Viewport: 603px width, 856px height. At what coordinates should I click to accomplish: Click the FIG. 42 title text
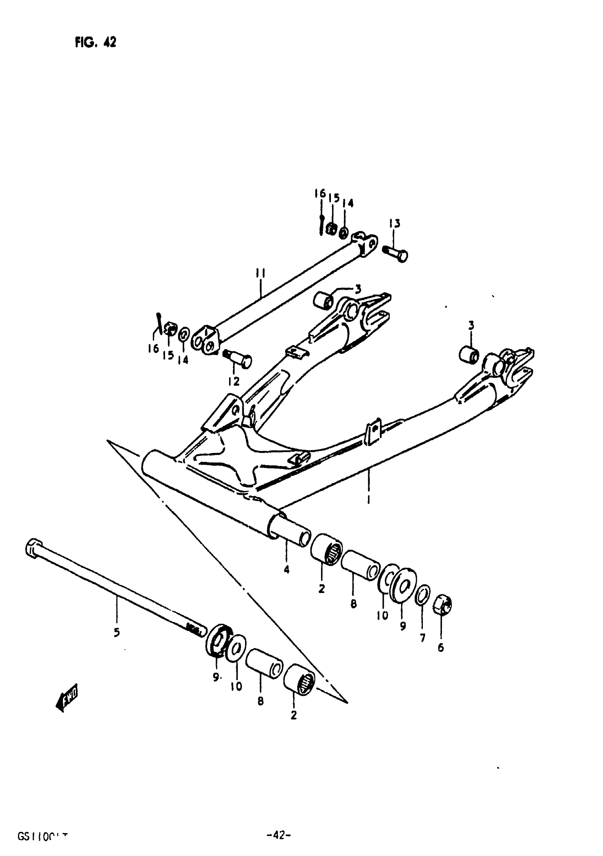(x=95, y=43)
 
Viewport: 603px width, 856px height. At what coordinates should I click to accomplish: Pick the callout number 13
(x=394, y=223)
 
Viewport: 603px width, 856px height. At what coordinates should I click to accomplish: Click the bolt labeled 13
(x=395, y=253)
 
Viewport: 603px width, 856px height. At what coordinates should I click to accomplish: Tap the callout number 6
(x=441, y=648)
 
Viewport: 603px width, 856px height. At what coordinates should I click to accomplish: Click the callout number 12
(x=234, y=381)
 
